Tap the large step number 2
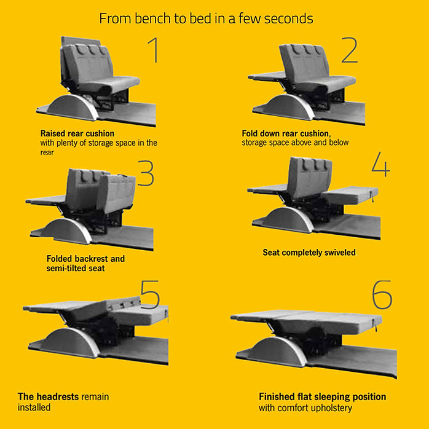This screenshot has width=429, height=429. pos(349,50)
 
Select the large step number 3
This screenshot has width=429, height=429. pos(146,173)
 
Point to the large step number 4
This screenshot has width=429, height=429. pos(381,164)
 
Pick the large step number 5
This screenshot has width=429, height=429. pos(149,295)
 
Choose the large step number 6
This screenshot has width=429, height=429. pos(382,295)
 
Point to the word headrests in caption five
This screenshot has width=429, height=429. pos(57,396)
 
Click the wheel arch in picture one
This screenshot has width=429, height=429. pos(73,108)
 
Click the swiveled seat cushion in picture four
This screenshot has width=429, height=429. pos(350,195)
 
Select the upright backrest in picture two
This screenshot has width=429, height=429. pos(304,63)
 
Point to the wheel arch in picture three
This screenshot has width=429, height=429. pos(66,232)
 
